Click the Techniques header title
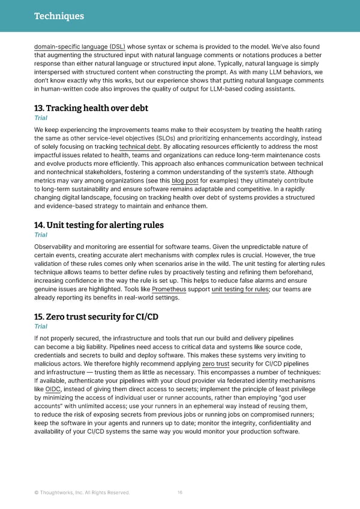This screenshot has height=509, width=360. coord(59,16)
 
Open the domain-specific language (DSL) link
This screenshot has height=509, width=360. coord(80,46)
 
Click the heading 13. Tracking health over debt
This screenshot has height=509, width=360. coord(91,108)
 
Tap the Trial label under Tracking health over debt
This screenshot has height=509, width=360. coord(41,118)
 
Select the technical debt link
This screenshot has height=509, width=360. coord(140,147)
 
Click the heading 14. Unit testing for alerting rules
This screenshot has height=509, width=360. coord(99,225)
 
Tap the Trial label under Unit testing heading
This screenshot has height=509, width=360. coord(41,235)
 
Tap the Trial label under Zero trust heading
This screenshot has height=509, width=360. coord(41,327)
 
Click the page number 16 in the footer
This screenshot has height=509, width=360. coord(180,493)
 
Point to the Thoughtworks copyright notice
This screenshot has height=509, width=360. coord(82,493)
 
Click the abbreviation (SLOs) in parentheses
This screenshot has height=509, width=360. coord(175,139)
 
